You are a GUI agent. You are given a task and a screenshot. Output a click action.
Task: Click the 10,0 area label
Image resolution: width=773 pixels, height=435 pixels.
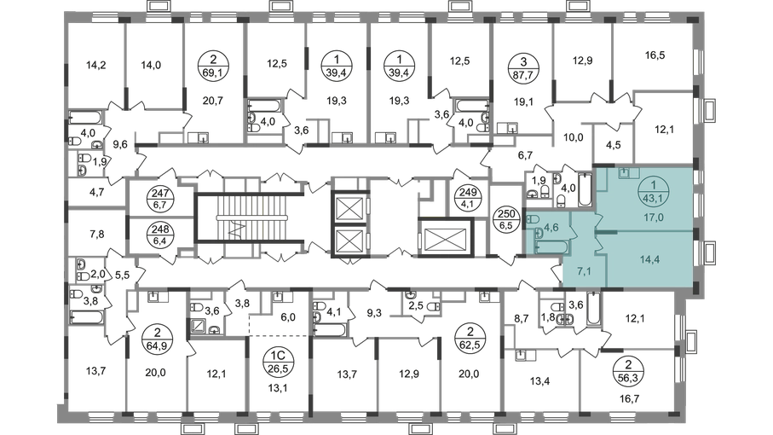pos(574,135)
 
